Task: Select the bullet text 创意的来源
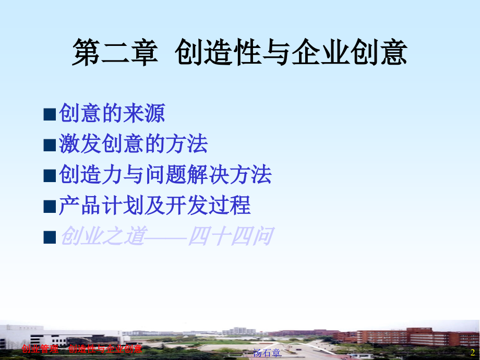tap(112, 113)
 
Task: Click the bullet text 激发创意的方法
tap(133, 144)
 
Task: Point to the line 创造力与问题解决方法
tap(165, 175)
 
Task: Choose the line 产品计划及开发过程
tap(154, 206)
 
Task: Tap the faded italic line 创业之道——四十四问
tap(166, 236)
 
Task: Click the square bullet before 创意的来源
tap(50, 114)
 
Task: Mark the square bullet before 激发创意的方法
tap(50, 145)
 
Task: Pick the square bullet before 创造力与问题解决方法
tap(50, 176)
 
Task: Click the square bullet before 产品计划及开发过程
tap(50, 207)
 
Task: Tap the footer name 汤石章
tap(267, 353)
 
